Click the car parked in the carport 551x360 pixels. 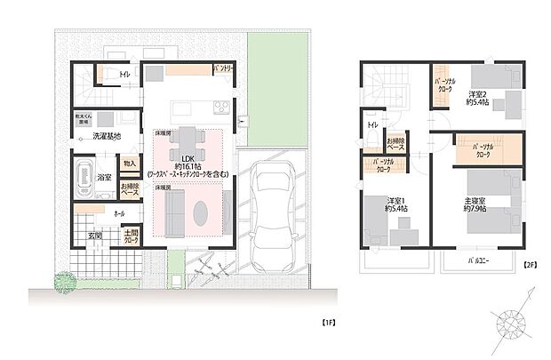(x=275, y=210)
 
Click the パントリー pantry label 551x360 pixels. (x=222, y=69)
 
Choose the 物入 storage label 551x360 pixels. (x=129, y=164)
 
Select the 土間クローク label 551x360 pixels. (x=131, y=236)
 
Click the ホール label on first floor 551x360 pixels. (x=119, y=214)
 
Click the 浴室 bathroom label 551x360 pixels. (x=105, y=178)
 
